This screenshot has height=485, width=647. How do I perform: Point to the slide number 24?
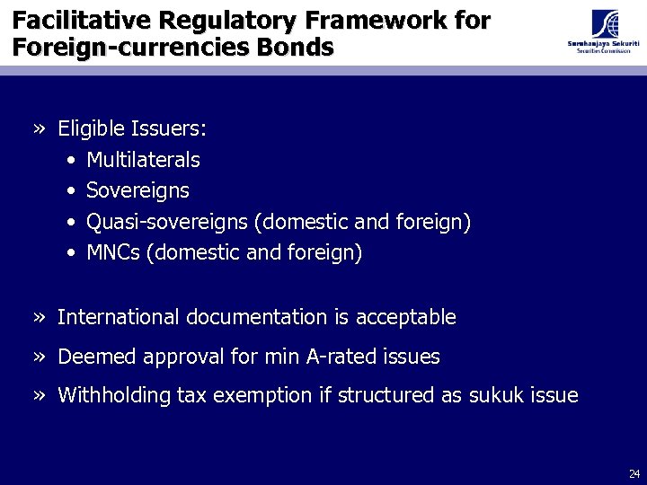(x=634, y=473)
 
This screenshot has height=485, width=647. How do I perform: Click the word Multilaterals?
(x=143, y=161)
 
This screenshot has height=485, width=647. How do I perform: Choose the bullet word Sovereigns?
(x=137, y=191)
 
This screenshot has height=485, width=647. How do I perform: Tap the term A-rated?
(x=341, y=357)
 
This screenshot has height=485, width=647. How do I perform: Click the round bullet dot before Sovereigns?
(x=71, y=191)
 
